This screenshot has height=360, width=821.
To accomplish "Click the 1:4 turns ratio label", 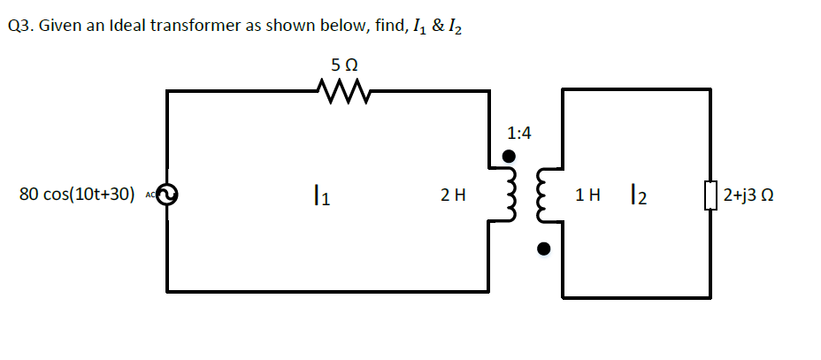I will (x=519, y=134).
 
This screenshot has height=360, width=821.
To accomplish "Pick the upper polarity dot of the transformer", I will (x=509, y=157).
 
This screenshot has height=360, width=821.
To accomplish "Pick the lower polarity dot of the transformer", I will (x=545, y=249).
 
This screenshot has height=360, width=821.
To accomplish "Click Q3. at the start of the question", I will (x=19, y=26).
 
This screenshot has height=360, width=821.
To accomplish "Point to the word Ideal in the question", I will (x=127, y=26).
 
